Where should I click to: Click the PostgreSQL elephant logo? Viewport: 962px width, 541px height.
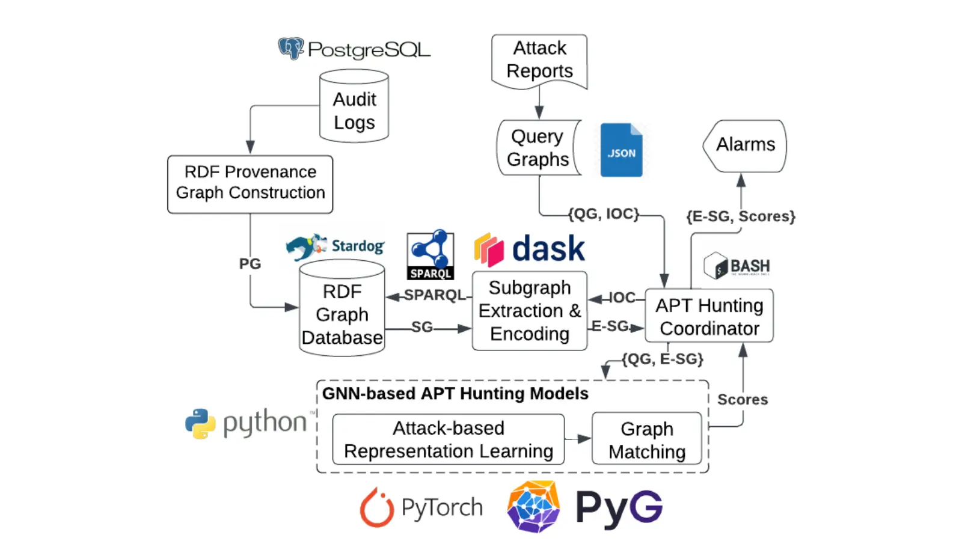click(x=290, y=48)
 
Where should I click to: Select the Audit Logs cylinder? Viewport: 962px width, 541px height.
click(x=354, y=108)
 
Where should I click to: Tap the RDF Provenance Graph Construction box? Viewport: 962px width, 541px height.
click(x=250, y=183)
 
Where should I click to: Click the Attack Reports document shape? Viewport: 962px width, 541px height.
click(x=539, y=60)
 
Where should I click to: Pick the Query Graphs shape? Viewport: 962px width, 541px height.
click(x=538, y=148)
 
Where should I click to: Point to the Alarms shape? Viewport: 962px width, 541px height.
click(x=745, y=145)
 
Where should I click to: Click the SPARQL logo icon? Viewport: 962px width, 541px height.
click(x=430, y=254)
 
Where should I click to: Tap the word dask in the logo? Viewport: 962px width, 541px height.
click(x=548, y=249)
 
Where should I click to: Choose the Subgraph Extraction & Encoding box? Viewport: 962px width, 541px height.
click(x=530, y=311)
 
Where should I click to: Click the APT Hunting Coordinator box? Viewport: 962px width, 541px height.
click(x=709, y=317)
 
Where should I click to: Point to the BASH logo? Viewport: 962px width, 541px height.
click(x=737, y=266)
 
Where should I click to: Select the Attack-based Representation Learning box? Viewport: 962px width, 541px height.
click(x=449, y=439)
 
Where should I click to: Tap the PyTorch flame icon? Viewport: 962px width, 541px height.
click(x=376, y=508)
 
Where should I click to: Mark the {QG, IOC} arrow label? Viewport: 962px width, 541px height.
click(x=603, y=214)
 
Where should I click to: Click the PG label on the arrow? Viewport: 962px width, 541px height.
click(x=250, y=264)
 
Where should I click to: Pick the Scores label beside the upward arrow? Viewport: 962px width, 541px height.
click(x=743, y=400)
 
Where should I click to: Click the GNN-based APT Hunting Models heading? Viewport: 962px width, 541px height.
click(x=455, y=394)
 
